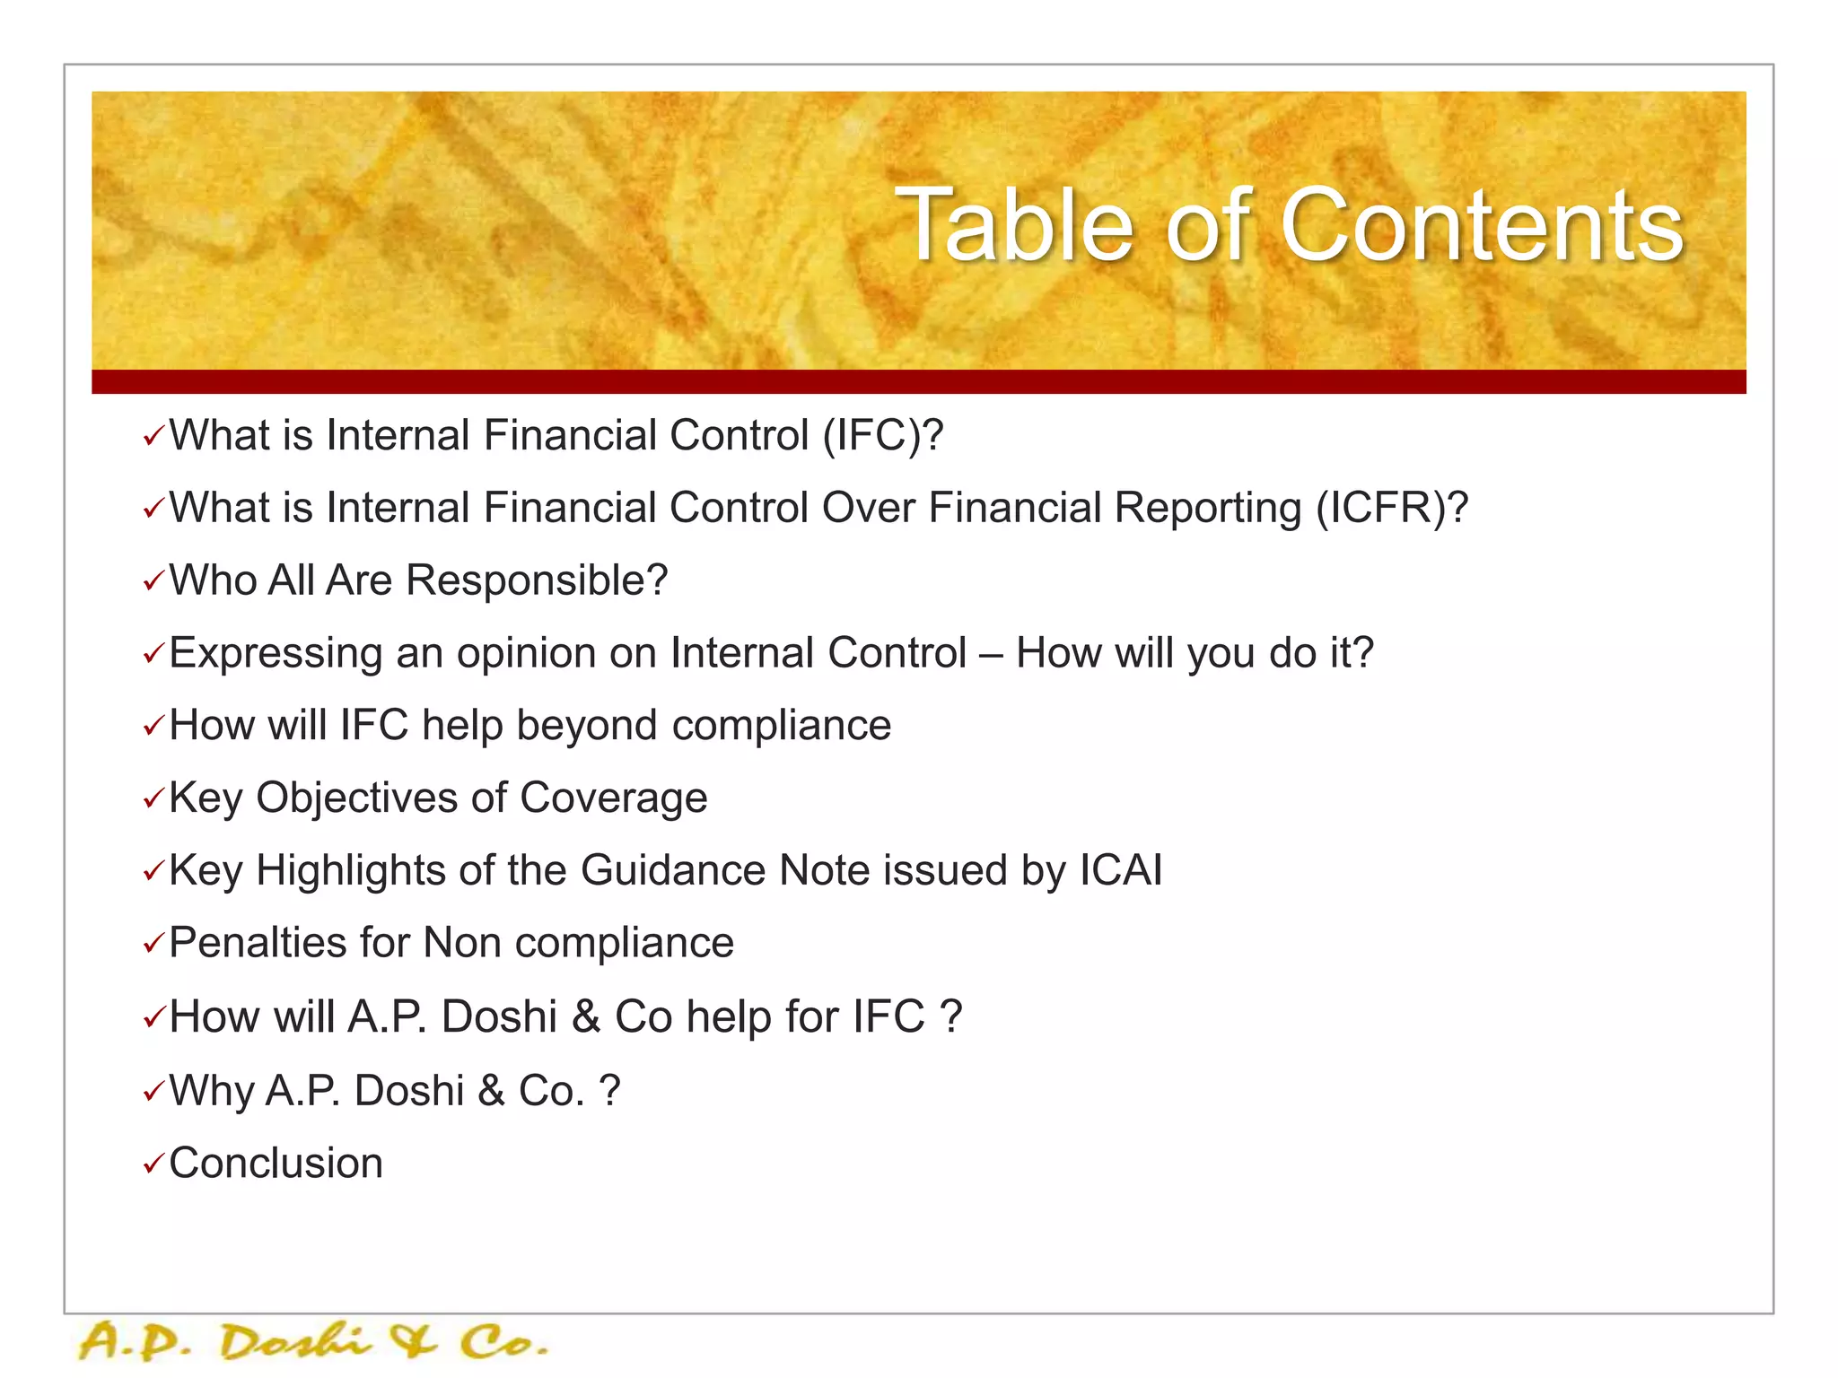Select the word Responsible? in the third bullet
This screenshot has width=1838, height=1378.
point(537,580)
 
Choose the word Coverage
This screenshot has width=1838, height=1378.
point(613,798)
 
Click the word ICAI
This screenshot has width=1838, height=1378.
point(1121,870)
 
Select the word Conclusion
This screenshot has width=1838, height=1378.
point(276,1164)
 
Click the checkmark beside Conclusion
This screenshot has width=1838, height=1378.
point(153,1164)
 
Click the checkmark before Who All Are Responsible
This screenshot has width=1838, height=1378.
point(153,582)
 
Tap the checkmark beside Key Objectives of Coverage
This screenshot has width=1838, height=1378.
point(153,798)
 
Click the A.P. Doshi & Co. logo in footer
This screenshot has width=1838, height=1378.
point(313,1343)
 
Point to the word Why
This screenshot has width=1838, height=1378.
point(212,1092)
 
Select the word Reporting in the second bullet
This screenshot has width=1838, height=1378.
point(1207,509)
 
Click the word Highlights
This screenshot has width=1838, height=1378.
point(351,871)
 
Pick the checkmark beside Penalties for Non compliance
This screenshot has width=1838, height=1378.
point(153,944)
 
